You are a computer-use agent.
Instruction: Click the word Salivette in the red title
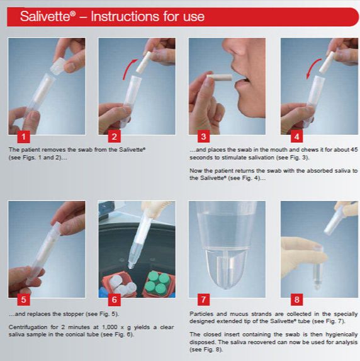pos(45,16)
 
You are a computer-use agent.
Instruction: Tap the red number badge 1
pos(23,137)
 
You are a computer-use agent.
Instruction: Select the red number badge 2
pos(115,137)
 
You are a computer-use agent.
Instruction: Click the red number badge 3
pos(203,137)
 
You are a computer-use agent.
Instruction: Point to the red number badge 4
pos(296,137)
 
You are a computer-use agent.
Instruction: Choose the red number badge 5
pos(23,300)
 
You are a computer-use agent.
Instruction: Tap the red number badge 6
pos(115,300)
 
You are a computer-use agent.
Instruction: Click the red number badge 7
pos(203,300)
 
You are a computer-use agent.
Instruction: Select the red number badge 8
pos(296,300)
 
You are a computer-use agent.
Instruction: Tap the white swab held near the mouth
pos(219,77)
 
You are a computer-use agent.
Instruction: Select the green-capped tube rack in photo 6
pos(158,284)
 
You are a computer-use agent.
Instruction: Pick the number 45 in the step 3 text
pos(354,150)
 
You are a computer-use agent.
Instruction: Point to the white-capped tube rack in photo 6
pos(119,284)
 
